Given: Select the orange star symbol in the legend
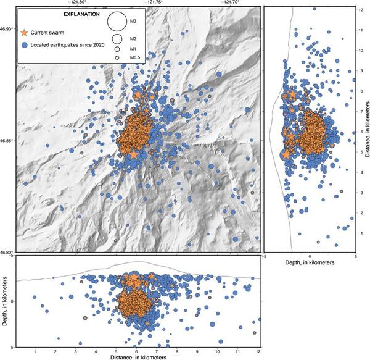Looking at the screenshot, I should (x=25, y=31).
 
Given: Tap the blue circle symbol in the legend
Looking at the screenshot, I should (x=25, y=46).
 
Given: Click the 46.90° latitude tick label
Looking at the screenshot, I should (x=7, y=28).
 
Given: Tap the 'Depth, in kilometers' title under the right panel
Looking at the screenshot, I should (x=310, y=263).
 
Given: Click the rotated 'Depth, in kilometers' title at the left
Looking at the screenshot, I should (x=4, y=301).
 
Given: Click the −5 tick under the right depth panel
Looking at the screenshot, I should (x=264, y=254).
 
